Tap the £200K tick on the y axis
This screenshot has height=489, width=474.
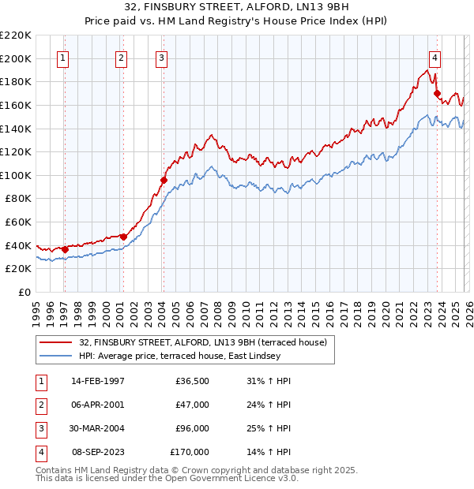[x=16, y=58]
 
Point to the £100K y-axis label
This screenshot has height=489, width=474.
[x=16, y=175]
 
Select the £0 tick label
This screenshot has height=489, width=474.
[x=23, y=292]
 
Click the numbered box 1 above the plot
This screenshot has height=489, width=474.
[x=62, y=57]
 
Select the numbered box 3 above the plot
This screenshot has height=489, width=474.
[x=161, y=57]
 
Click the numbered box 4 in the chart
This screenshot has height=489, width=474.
[x=435, y=57]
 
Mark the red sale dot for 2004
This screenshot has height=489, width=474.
[x=164, y=180]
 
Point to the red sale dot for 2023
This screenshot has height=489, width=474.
[x=437, y=93]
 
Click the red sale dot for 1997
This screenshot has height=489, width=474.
[x=65, y=249]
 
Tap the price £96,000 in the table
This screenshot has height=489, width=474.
[x=190, y=428]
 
